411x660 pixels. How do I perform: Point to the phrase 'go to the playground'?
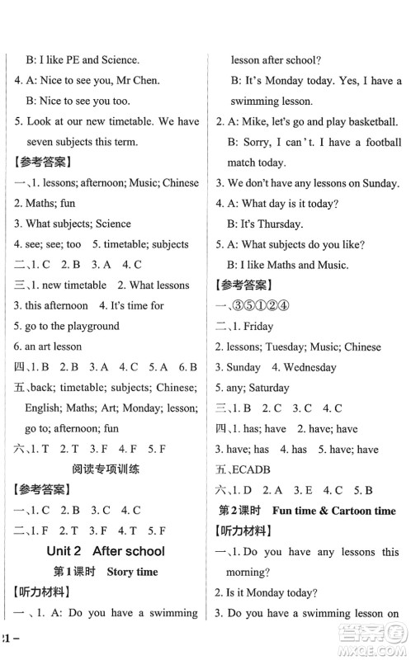[72, 326]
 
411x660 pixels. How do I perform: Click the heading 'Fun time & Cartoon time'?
[333, 510]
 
